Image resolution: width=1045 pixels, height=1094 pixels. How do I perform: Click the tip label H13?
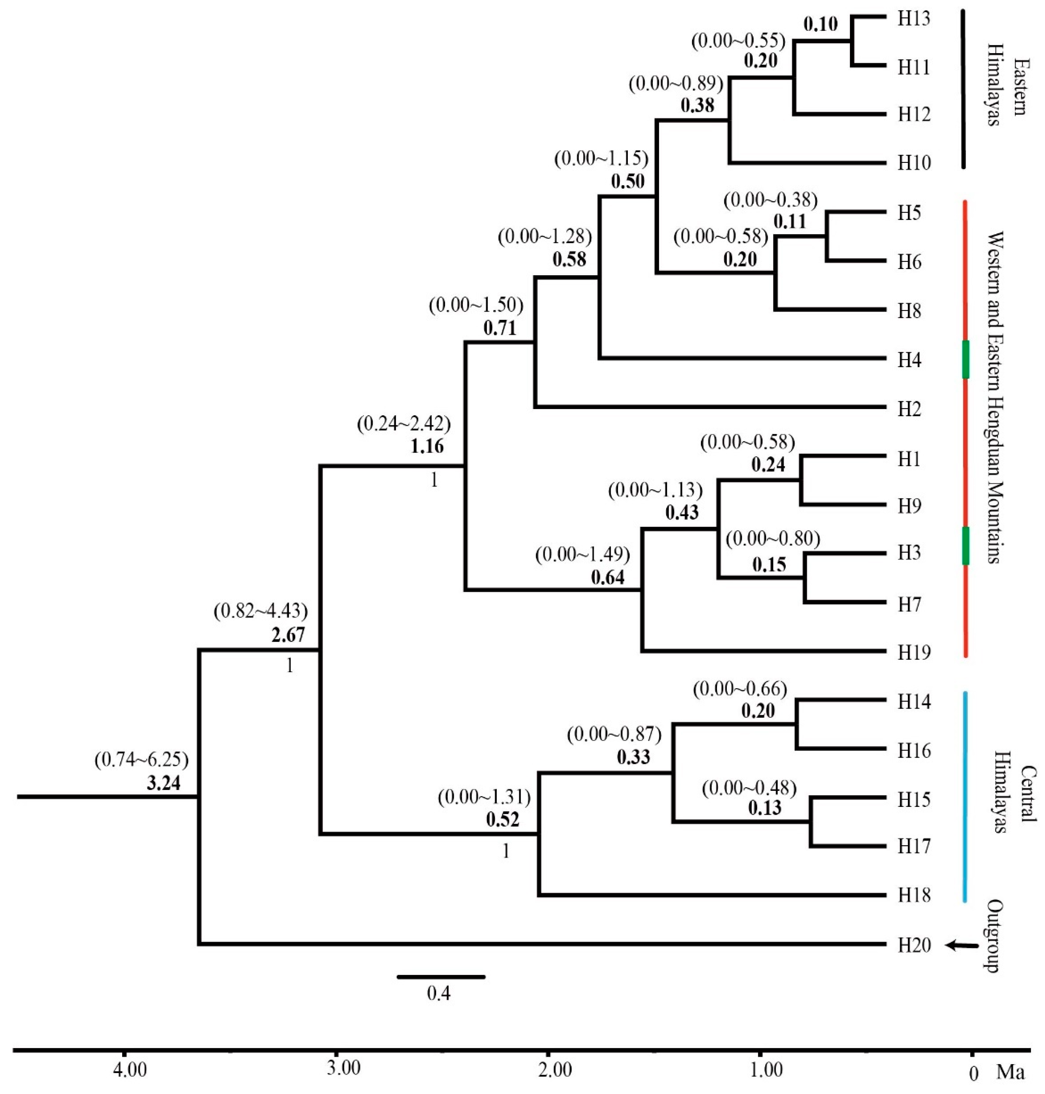pyautogui.click(x=914, y=19)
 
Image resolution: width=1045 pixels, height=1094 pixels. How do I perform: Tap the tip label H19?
pyautogui.click(x=914, y=652)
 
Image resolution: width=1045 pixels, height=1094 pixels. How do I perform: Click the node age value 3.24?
pyautogui.click(x=164, y=784)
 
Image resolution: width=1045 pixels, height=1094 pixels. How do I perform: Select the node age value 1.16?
pyautogui.click(x=427, y=446)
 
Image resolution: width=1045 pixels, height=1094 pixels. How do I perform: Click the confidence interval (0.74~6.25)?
pyautogui.click(x=142, y=760)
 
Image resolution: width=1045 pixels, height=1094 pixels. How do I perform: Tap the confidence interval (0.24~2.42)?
pyautogui.click(x=403, y=424)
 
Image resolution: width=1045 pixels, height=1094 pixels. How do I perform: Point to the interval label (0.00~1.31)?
pyautogui.click(x=484, y=798)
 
